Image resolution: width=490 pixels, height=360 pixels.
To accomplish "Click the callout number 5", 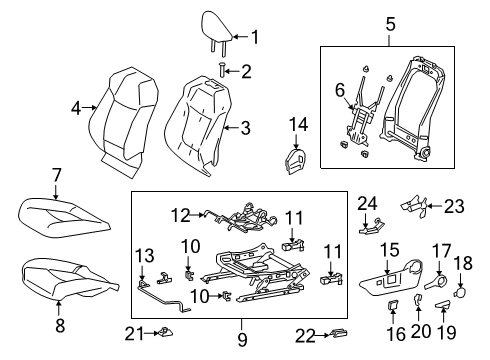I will [389, 22].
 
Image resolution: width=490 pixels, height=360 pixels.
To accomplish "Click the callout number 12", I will [180, 213].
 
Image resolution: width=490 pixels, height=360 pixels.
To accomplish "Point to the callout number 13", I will [146, 255].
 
